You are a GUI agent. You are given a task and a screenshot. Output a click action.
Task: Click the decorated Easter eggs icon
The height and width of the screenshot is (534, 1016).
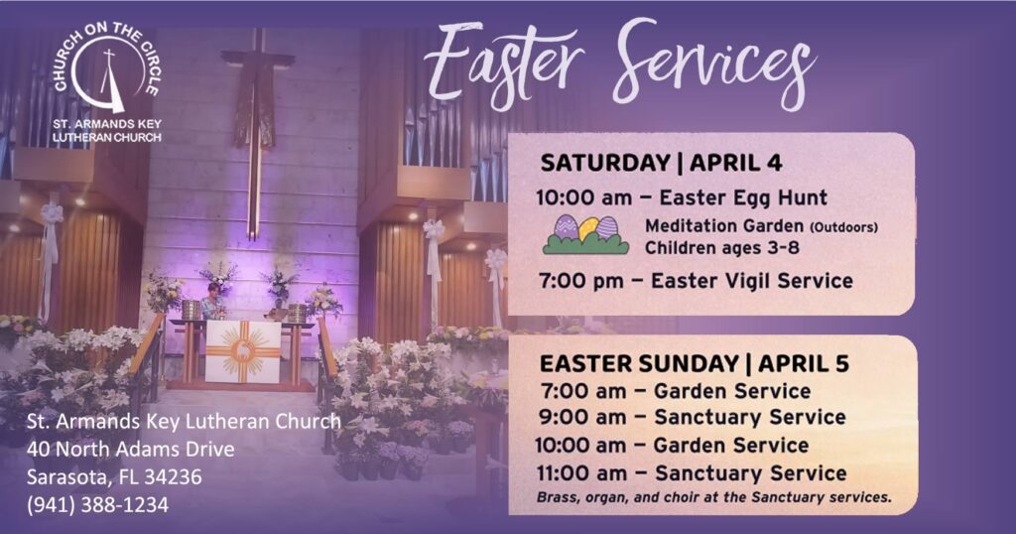point(585,235)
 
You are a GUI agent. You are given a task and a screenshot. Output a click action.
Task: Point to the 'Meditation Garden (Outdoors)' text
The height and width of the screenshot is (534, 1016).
point(761,226)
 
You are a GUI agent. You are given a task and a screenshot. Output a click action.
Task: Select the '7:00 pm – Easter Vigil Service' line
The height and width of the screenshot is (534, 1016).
point(694,281)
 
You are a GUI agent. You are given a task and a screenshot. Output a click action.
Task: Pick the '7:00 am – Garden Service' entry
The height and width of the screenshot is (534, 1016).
point(676,391)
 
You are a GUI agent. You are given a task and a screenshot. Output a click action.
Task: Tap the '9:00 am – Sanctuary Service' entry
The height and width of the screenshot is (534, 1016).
point(692,418)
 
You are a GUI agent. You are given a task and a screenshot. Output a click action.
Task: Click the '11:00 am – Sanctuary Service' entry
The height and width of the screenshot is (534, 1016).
point(691,473)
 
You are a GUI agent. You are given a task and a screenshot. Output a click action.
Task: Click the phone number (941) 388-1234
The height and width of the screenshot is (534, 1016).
point(98,504)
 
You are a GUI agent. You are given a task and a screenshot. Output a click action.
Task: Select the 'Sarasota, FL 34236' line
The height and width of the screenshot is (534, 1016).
point(115,476)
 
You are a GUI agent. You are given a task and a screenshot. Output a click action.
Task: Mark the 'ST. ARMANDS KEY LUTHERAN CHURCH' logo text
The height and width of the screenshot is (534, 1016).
point(106,130)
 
